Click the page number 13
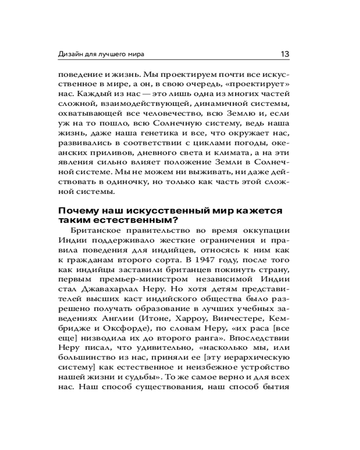[x=285, y=54]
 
